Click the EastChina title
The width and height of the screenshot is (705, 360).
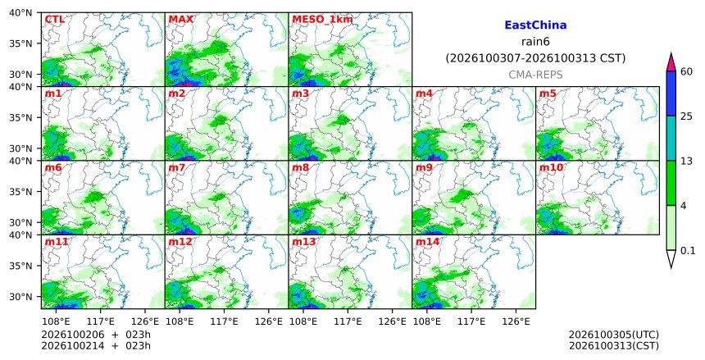pos(535,25)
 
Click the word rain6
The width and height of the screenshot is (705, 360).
pos(535,42)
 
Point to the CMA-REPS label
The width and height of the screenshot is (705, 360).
pos(535,75)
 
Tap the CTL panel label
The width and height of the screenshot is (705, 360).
pos(55,20)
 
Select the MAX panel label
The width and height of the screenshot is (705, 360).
pos(180,20)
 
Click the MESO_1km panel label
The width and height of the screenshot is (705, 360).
pos(322,20)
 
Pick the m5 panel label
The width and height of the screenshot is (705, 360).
pos(548,93)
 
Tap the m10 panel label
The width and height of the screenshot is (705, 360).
pos(551,168)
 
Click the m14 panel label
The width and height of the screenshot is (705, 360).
pos(427,242)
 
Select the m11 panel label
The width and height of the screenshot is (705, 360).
pos(57,242)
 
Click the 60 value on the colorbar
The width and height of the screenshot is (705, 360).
pos(686,72)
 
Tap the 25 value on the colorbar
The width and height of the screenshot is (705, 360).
pos(686,116)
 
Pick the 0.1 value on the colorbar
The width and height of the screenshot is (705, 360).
pos(688,251)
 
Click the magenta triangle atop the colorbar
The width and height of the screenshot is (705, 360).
pos(671,62)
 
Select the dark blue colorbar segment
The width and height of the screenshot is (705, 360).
pos(671,93)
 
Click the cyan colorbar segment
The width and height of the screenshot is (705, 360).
pos(671,138)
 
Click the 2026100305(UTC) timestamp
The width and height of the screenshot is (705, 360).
pos(614,335)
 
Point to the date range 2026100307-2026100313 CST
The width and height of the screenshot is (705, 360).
pos(535,58)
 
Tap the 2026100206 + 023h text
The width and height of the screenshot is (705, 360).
pos(96,335)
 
